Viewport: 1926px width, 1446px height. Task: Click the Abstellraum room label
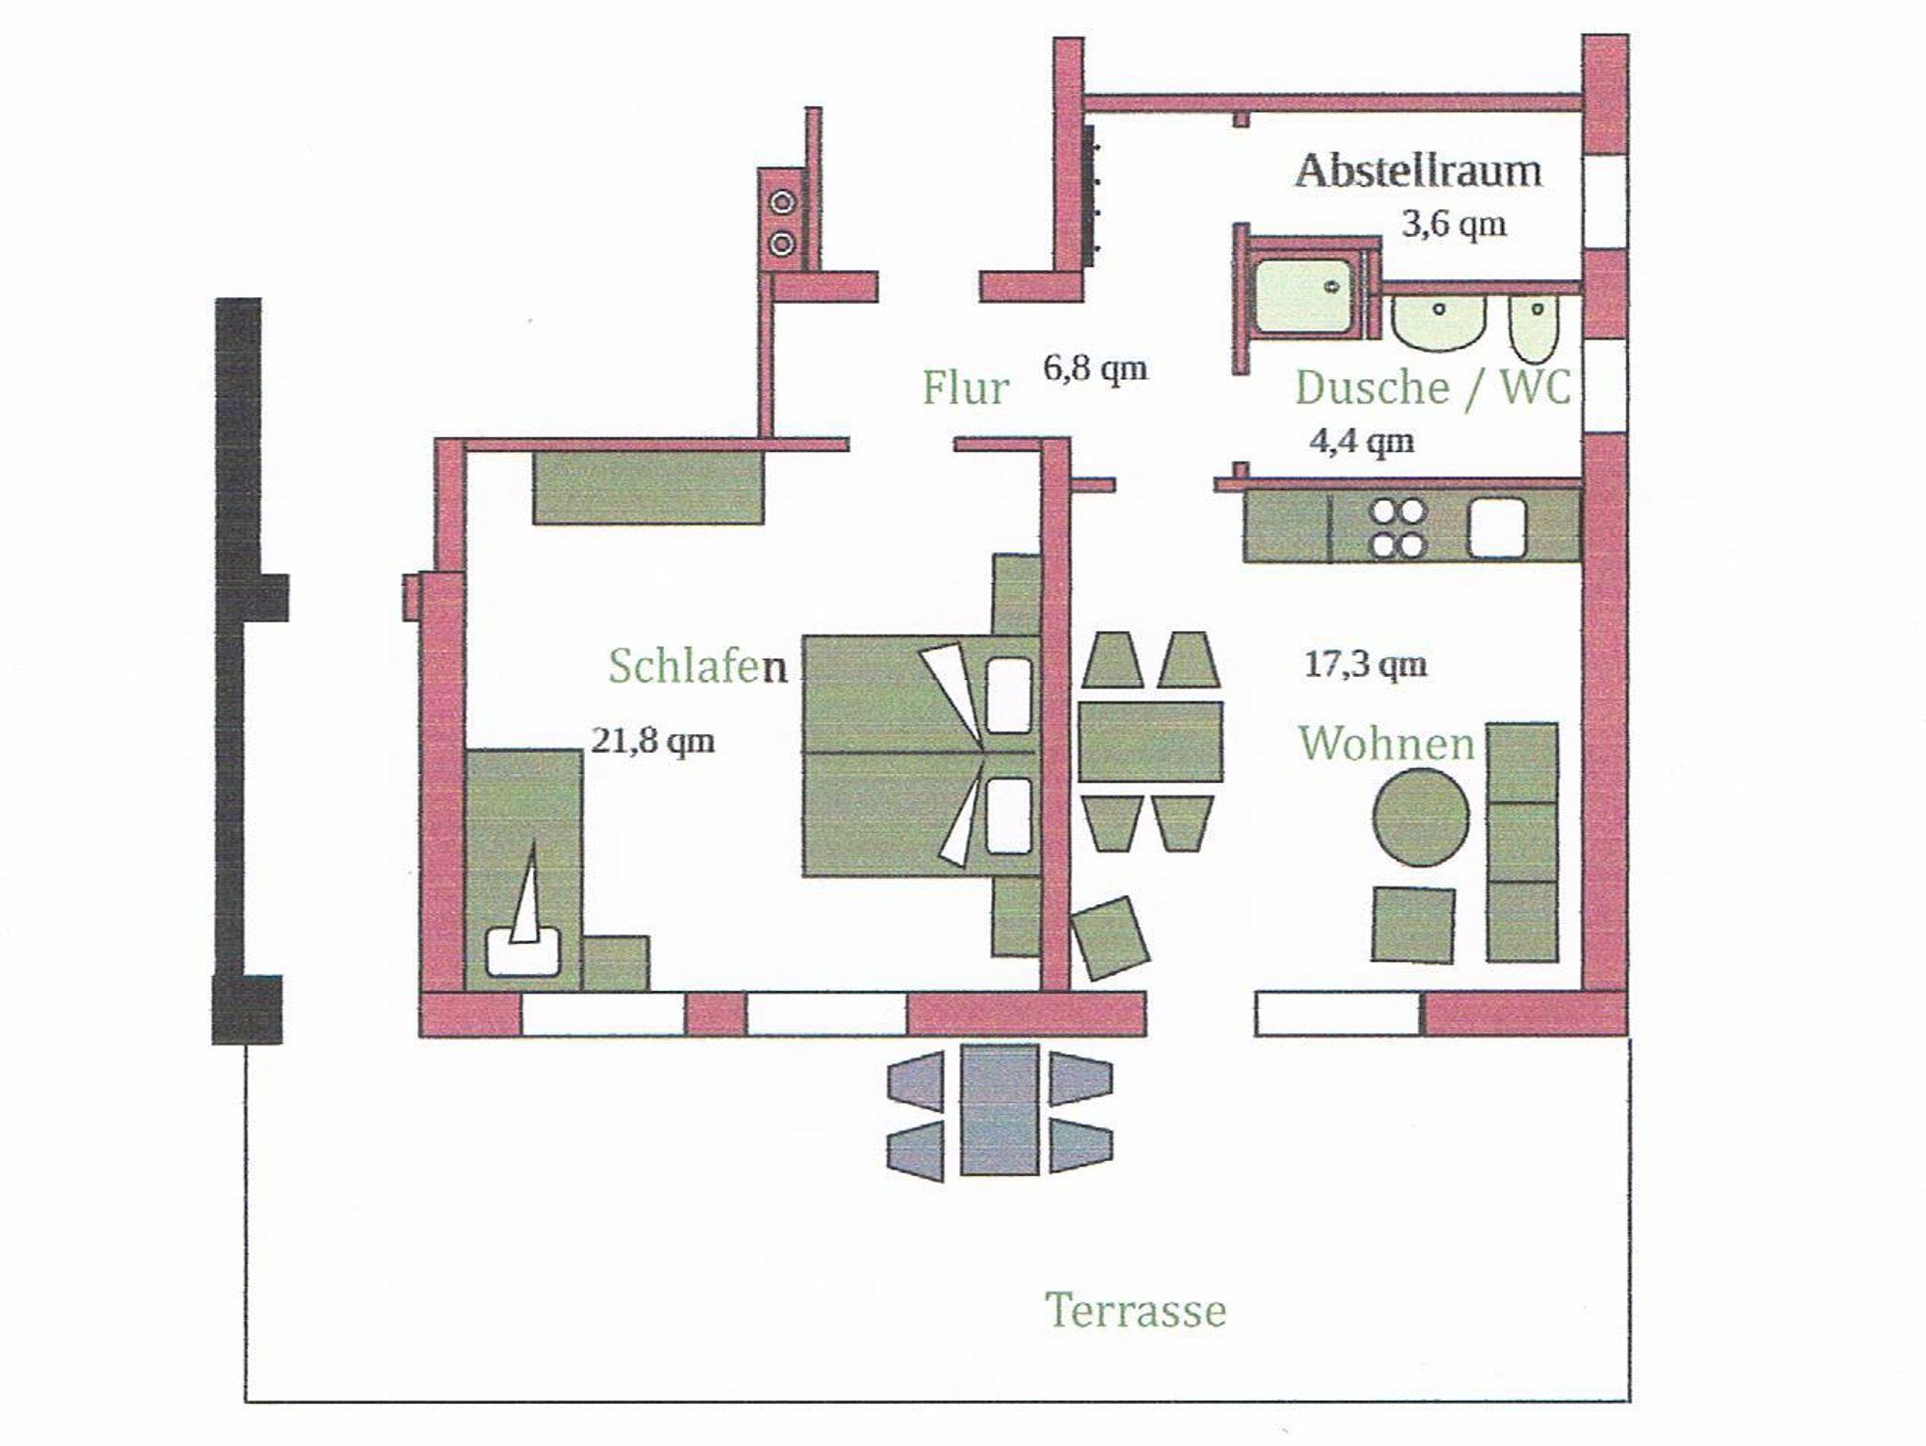pyautogui.click(x=1418, y=172)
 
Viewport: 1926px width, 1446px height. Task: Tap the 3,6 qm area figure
pyautogui.click(x=1454, y=225)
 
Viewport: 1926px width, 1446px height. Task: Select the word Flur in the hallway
pyautogui.click(x=965, y=387)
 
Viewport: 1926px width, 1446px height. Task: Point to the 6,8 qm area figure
pyautogui.click(x=1096, y=368)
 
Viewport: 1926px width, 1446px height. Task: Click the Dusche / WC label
pyautogui.click(x=1433, y=387)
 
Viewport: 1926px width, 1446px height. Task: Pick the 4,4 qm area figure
pyautogui.click(x=1362, y=440)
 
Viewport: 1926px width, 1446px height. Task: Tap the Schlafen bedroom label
pyautogui.click(x=698, y=666)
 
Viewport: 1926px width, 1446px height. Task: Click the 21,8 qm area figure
pyautogui.click(x=653, y=741)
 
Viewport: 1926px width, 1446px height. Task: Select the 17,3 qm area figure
pyautogui.click(x=1366, y=665)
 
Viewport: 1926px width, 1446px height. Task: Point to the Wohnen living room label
pyautogui.click(x=1386, y=744)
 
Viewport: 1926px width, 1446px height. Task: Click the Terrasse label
pyautogui.click(x=1136, y=1311)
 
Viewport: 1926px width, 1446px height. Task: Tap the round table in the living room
pyautogui.click(x=1420, y=817)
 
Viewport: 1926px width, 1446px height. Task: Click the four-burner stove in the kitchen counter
pyautogui.click(x=1397, y=528)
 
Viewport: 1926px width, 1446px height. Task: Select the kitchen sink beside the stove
pyautogui.click(x=1497, y=527)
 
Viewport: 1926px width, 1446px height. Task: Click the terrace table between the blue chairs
pyautogui.click(x=1000, y=1109)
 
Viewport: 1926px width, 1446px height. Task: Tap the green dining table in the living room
pyautogui.click(x=1150, y=742)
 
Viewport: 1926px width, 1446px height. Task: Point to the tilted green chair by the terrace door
pyautogui.click(x=1112, y=938)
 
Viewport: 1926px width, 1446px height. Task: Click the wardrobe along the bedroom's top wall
pyautogui.click(x=648, y=487)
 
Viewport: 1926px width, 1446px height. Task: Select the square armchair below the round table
pyautogui.click(x=1413, y=924)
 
